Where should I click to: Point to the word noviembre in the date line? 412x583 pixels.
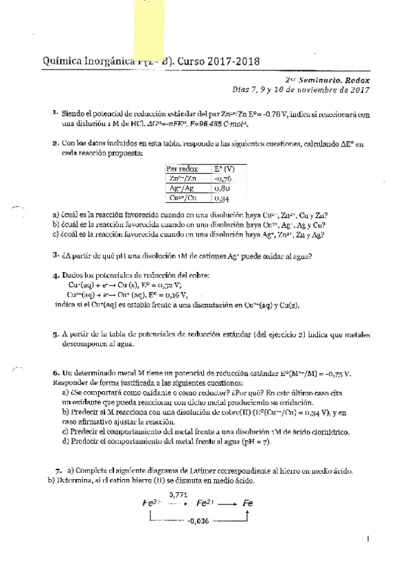coord(306,89)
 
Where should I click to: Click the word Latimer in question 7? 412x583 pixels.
coord(205,470)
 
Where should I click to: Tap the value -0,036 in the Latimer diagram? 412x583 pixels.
coord(199,520)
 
